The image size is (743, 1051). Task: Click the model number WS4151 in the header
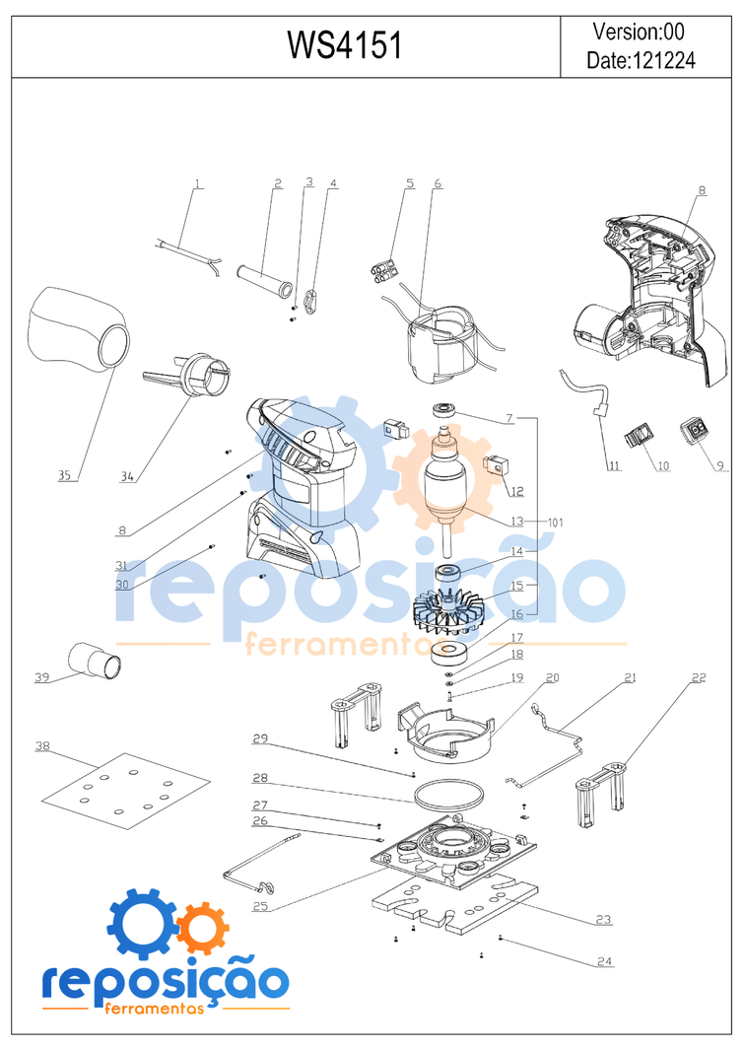tap(344, 44)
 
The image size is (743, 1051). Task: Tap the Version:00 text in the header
tap(640, 31)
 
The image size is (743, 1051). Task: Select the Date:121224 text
tap(641, 60)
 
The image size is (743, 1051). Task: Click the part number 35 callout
tap(65, 475)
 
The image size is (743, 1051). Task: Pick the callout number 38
tap(42, 746)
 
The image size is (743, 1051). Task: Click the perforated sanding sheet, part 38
tap(126, 788)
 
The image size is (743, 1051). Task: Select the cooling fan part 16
tap(449, 610)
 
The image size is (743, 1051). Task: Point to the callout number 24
tap(604, 960)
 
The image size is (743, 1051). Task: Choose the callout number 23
tap(603, 919)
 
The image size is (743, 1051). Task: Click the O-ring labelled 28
tap(448, 793)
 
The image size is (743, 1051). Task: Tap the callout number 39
tap(42, 677)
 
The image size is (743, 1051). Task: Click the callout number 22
tap(699, 677)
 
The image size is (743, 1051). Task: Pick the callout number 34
tap(127, 477)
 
